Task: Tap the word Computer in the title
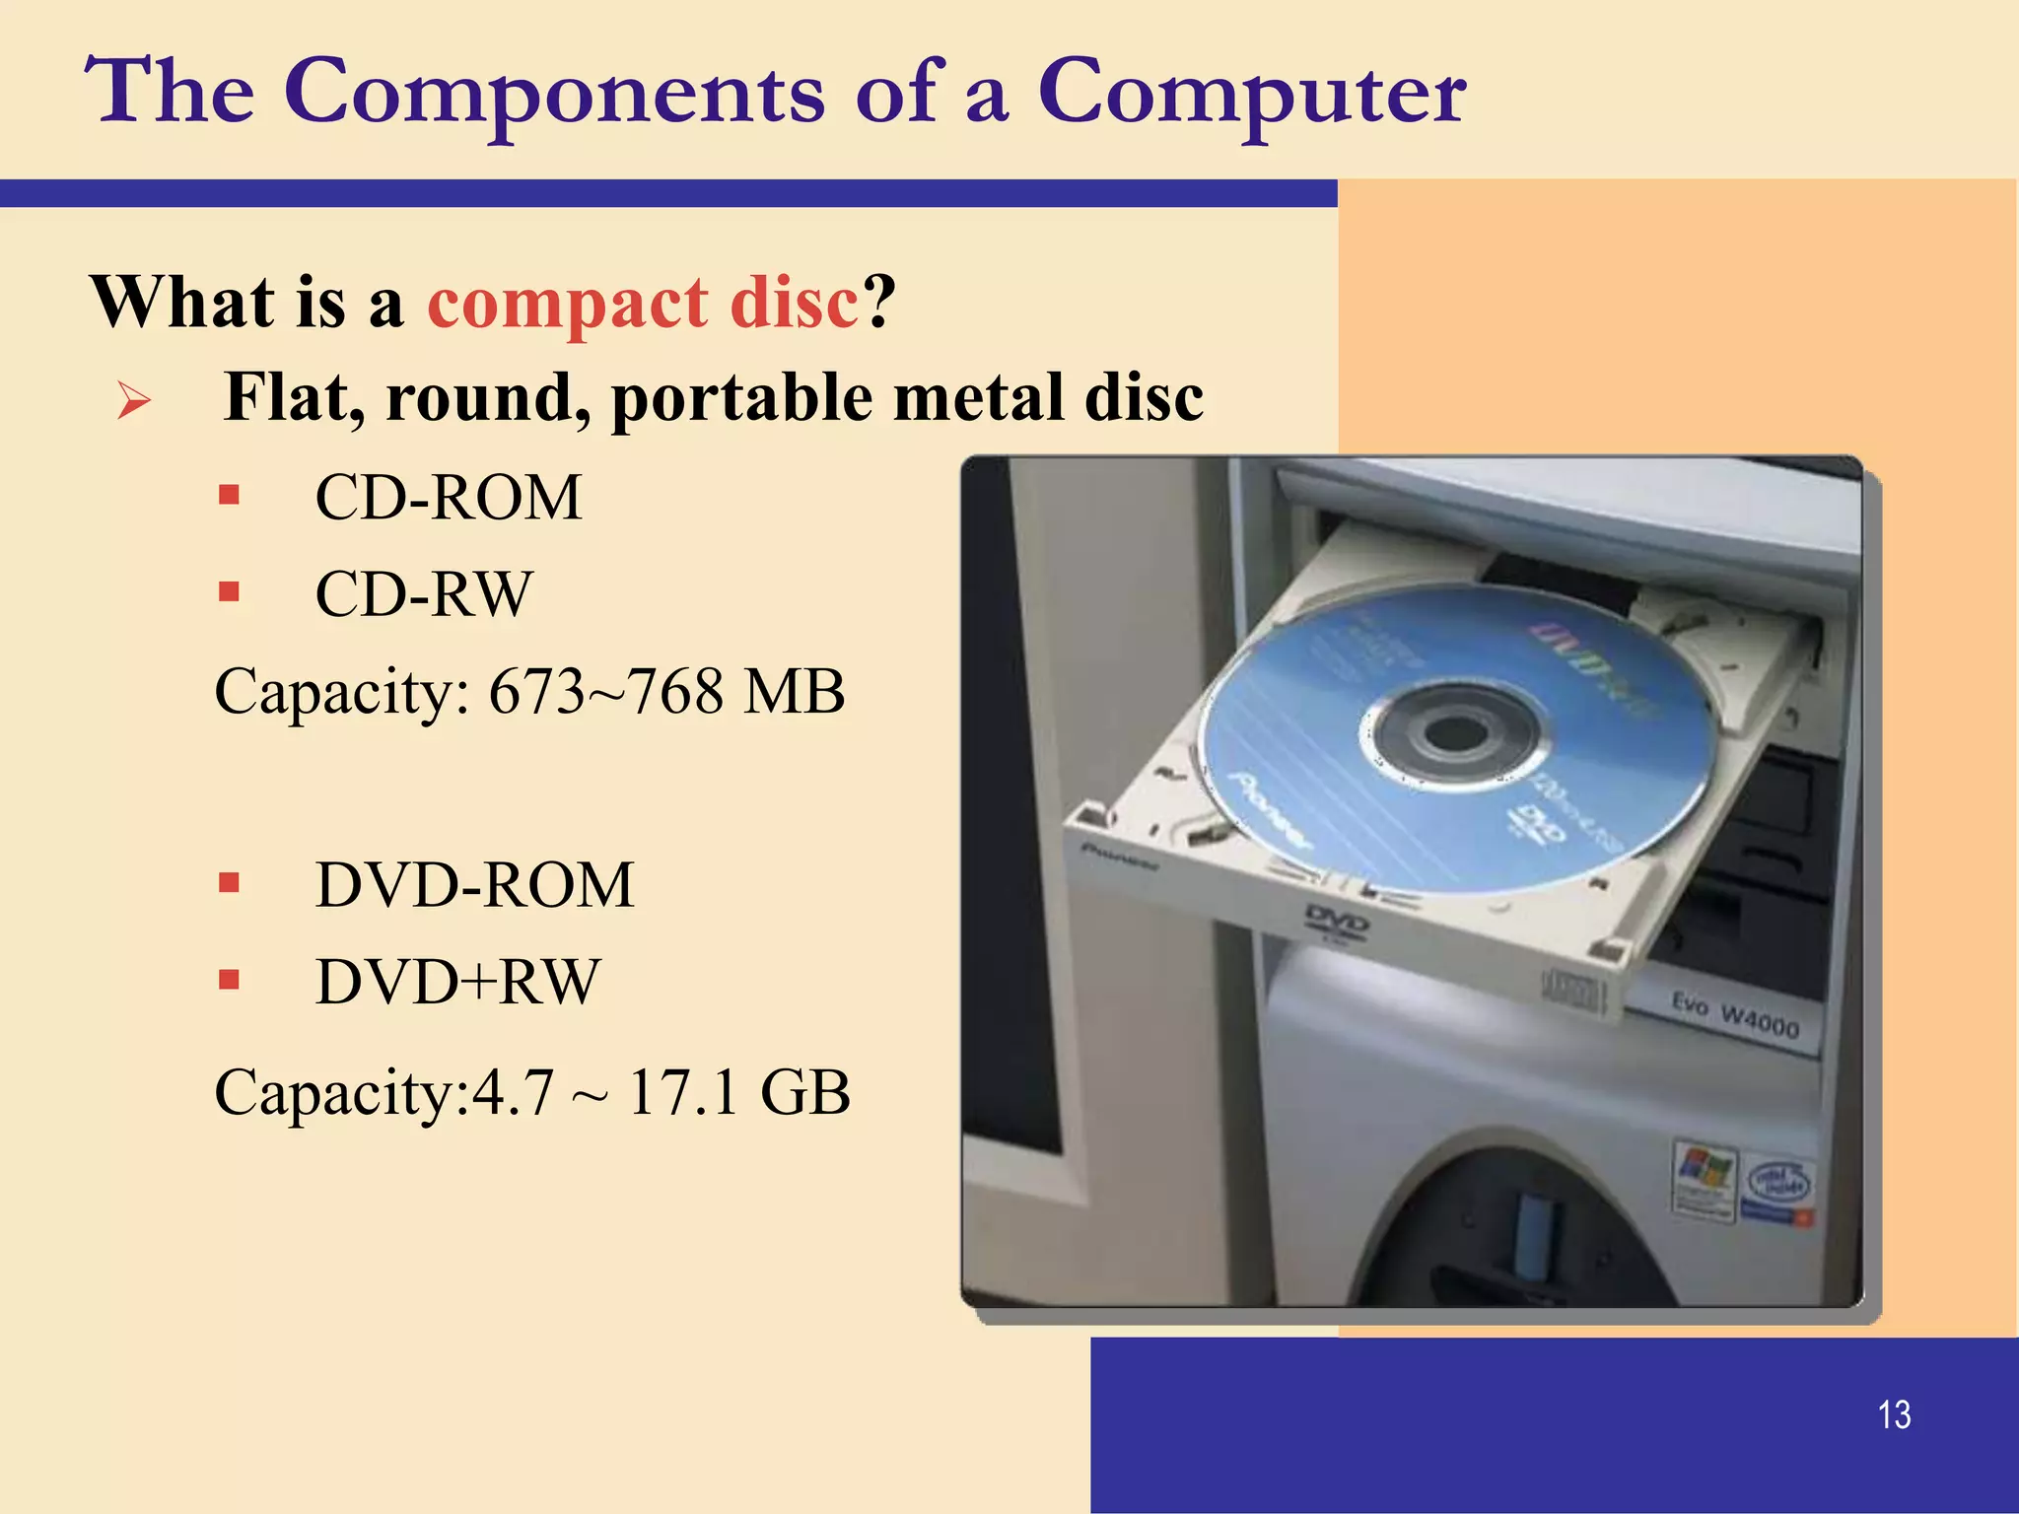[1251, 93]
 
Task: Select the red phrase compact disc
[643, 302]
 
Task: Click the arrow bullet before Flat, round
[134, 400]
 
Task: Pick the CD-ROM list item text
[449, 497]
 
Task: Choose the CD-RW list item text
[424, 593]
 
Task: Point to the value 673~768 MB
[666, 691]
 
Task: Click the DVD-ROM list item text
[474, 884]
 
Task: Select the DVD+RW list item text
[457, 982]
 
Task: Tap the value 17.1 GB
[738, 1092]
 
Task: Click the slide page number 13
[1894, 1414]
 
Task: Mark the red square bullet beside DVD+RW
[230, 980]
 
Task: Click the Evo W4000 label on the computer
[1735, 1015]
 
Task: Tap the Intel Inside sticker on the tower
[1777, 1183]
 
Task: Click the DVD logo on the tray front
[1336, 921]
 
